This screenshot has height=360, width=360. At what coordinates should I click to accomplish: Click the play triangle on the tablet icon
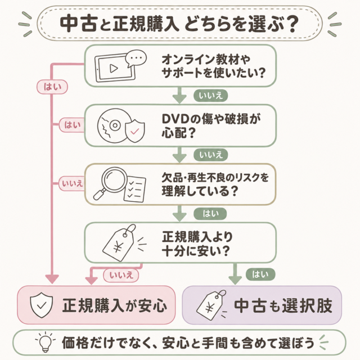click(114, 68)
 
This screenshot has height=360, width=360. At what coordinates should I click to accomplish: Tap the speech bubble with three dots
click(136, 58)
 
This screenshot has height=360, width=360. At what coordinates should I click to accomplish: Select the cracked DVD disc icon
click(112, 126)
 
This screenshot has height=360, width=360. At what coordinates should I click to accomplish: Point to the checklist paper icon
click(135, 189)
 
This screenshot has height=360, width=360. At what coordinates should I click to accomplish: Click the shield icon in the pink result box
click(41, 305)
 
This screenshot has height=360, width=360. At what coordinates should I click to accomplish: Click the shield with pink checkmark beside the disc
click(135, 131)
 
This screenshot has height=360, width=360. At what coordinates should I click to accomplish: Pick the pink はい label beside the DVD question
click(72, 125)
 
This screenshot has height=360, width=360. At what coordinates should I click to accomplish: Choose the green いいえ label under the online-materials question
click(210, 96)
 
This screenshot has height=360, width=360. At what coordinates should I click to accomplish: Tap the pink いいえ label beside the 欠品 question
click(72, 184)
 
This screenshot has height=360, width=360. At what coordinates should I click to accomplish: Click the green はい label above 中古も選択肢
click(260, 274)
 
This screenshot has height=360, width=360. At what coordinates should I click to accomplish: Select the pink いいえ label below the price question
click(121, 275)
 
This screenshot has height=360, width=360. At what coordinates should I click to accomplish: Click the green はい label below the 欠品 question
click(210, 214)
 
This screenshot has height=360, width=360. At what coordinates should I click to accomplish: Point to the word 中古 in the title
click(79, 24)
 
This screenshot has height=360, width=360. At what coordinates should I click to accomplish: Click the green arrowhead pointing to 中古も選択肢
click(235, 280)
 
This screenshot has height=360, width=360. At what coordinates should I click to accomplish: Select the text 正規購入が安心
click(114, 305)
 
